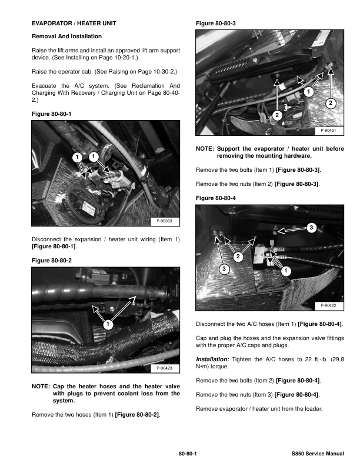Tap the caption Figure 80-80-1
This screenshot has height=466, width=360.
point(51,113)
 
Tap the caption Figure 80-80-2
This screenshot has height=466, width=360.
point(51,259)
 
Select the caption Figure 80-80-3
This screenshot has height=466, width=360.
point(215,23)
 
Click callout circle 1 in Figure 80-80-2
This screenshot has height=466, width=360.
point(108,324)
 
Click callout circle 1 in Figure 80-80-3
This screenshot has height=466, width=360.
point(309,92)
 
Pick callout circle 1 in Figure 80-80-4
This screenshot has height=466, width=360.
point(285,271)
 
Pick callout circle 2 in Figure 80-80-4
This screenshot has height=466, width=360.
point(238,257)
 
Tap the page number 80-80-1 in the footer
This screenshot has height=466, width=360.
point(188,454)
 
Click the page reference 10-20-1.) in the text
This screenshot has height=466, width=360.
point(123,58)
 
